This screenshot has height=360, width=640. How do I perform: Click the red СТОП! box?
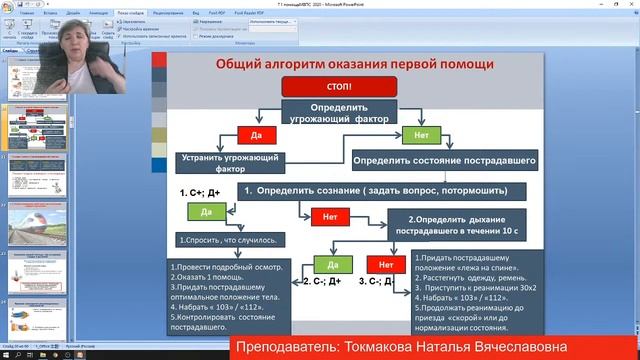tap(333, 86)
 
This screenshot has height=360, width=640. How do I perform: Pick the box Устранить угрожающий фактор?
tap(229, 162)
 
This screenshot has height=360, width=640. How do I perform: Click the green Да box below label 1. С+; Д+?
tap(206, 212)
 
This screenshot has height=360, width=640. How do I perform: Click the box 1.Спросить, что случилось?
tap(228, 240)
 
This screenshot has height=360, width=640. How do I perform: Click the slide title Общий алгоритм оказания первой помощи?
tap(355, 64)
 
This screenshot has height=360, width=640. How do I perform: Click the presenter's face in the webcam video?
tap(78, 48)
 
